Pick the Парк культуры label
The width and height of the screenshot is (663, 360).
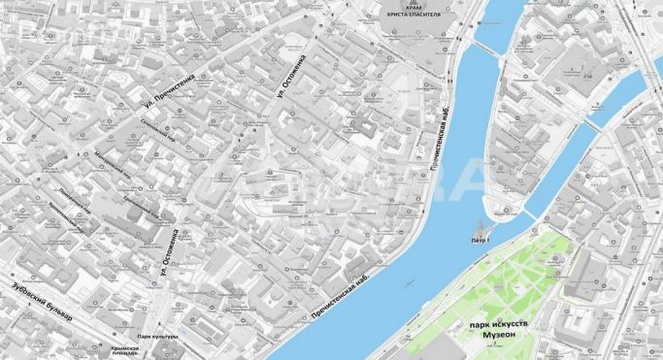(155, 337)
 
